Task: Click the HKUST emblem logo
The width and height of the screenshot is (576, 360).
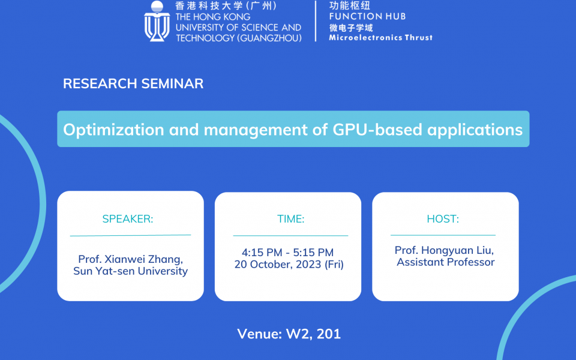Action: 157,22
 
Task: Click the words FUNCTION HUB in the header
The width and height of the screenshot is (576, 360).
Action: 367,16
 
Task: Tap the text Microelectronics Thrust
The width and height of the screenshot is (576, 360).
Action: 380,37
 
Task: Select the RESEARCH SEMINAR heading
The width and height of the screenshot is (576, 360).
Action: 133,83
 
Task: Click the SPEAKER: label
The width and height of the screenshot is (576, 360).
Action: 128,219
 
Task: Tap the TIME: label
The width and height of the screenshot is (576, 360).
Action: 290,220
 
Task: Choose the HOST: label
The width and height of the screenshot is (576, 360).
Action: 443,219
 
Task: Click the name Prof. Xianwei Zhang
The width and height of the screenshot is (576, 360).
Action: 130,259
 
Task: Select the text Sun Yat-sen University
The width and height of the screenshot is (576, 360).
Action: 130,271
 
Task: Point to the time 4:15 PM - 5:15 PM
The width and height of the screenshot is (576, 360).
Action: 287,253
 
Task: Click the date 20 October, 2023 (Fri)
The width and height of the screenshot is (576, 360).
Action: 289,265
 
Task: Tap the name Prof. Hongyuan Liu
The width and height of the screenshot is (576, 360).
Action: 445,250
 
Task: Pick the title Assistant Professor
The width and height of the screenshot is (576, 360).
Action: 445,262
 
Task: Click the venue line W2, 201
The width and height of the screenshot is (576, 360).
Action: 289,334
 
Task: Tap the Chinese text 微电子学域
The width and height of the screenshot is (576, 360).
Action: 351,28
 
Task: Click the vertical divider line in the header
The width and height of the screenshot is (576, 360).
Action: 316,22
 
